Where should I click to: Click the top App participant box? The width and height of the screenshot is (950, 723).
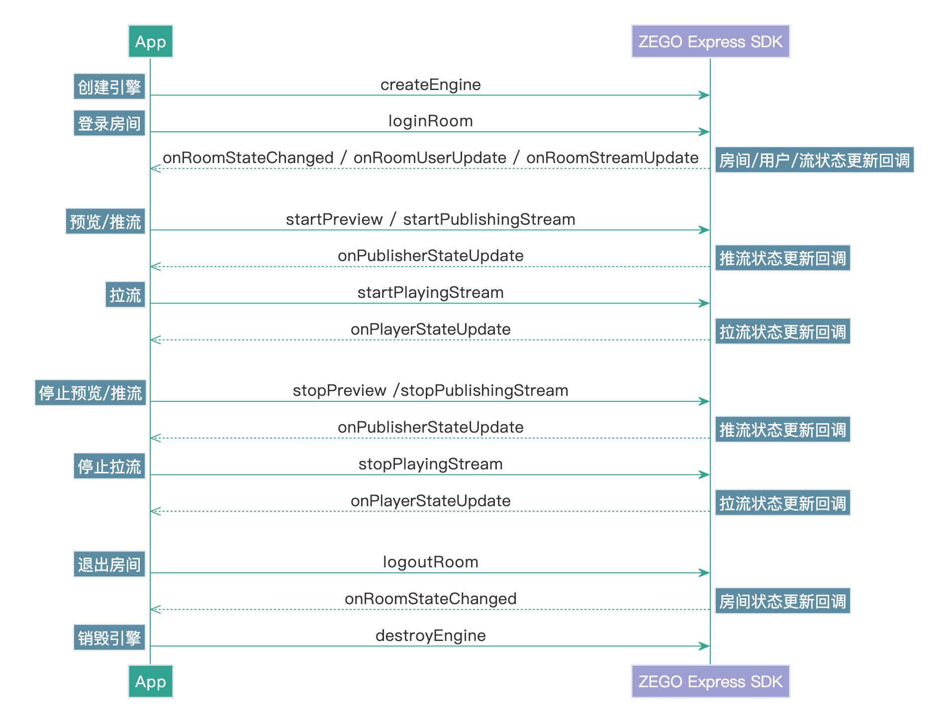pyautogui.click(x=150, y=42)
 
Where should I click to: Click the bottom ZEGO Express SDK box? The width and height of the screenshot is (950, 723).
pyautogui.click(x=710, y=681)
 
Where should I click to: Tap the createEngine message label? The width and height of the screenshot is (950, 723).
pyautogui.click(x=430, y=85)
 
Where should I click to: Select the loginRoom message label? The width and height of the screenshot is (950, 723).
pyautogui.click(x=430, y=121)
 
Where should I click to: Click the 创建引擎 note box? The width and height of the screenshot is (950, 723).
pyautogui.click(x=109, y=87)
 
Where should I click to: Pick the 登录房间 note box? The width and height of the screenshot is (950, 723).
pyautogui.click(x=109, y=123)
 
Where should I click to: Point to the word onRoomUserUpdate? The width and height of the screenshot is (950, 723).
pyautogui.click(x=430, y=158)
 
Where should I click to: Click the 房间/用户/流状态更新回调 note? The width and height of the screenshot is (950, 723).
pyautogui.click(x=814, y=160)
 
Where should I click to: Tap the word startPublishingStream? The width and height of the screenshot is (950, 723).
pyautogui.click(x=489, y=219)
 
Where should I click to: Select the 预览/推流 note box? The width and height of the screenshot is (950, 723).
pyautogui.click(x=105, y=222)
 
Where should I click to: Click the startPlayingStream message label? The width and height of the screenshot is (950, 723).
pyautogui.click(x=430, y=292)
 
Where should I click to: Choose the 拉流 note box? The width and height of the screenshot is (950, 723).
pyautogui.click(x=125, y=295)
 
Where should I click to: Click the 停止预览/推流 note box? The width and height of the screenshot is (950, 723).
pyautogui.click(x=91, y=393)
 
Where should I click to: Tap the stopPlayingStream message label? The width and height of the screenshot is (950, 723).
pyautogui.click(x=430, y=464)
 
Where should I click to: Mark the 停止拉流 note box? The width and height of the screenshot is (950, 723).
pyautogui.click(x=109, y=466)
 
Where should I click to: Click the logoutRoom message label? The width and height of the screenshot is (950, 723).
pyautogui.click(x=430, y=562)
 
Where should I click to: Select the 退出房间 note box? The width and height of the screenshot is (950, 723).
pyautogui.click(x=109, y=564)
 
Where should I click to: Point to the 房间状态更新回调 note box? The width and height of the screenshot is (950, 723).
pyautogui.click(x=782, y=601)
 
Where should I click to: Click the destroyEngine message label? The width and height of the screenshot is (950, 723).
pyautogui.click(x=430, y=635)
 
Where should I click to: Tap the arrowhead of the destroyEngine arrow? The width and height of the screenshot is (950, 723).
pyautogui.click(x=704, y=646)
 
